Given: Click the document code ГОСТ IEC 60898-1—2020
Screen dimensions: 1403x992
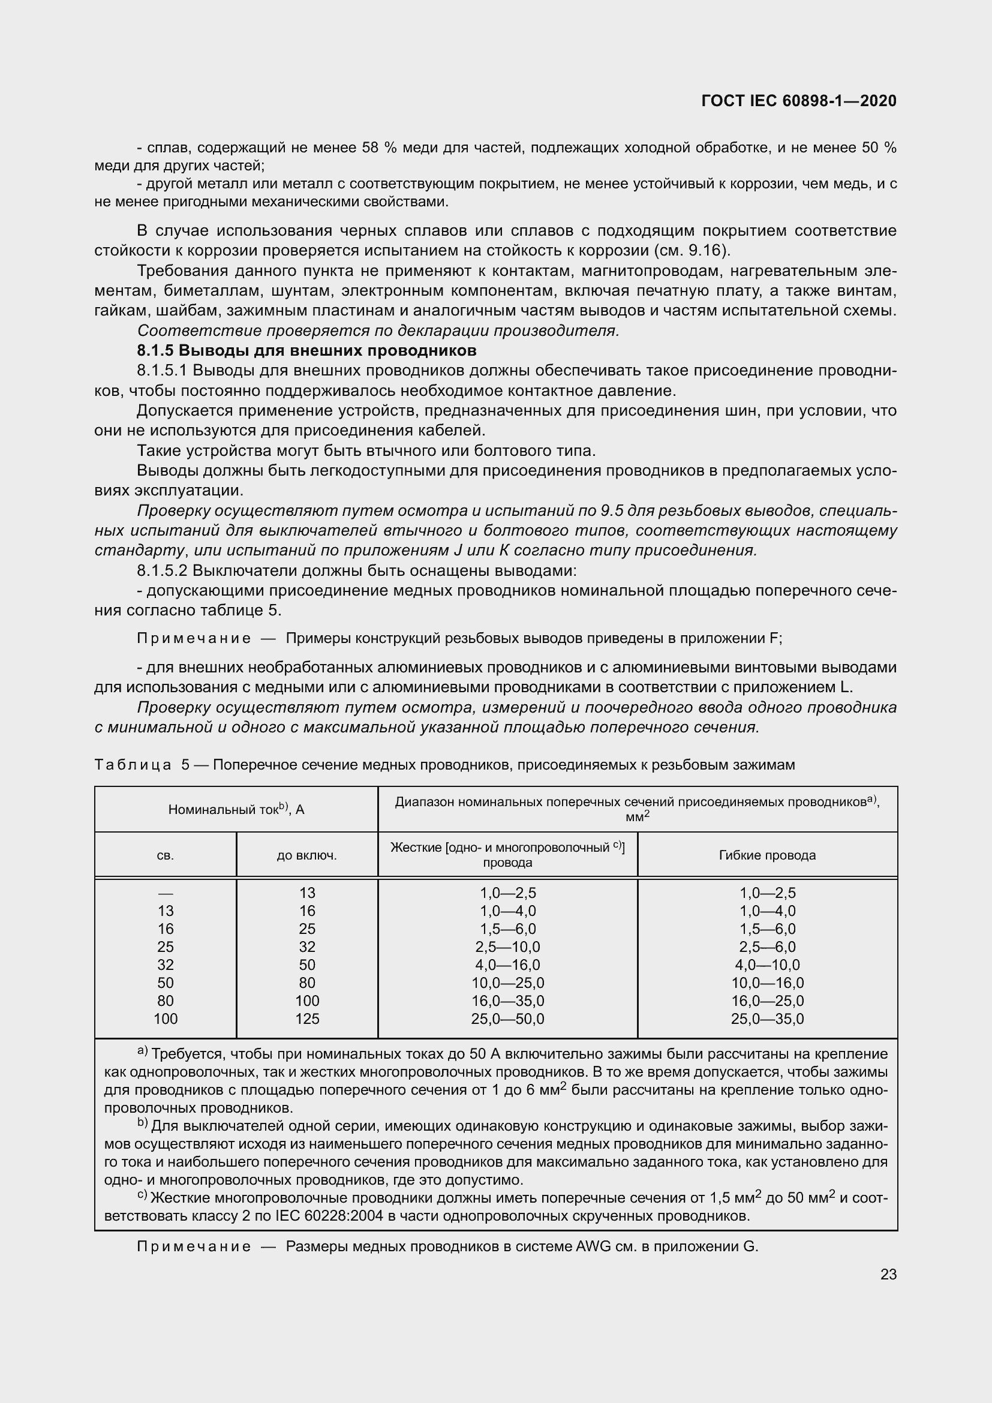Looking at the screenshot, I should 799,101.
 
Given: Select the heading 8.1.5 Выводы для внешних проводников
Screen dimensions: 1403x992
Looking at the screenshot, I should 306,351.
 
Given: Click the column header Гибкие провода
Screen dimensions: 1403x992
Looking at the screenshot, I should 767,855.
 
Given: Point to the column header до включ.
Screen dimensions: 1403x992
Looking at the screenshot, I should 306,855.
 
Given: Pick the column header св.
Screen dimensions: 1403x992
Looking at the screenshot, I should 166,855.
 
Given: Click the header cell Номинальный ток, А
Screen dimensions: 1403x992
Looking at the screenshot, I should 236,810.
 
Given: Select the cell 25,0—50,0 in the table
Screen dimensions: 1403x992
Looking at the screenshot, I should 507,1019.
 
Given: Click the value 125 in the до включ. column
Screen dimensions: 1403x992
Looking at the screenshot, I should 306,1019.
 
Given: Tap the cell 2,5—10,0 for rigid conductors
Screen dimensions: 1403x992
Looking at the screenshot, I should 507,947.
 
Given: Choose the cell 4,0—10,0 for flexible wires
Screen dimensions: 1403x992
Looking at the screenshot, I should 767,965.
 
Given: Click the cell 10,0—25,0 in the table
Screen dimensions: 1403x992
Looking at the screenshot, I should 507,983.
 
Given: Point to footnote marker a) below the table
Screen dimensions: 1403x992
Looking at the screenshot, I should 142,1051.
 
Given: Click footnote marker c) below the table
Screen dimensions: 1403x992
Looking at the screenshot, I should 142,1195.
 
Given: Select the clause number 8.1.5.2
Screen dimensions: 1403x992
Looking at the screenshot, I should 162,570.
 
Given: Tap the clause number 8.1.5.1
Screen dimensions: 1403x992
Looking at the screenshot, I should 162,371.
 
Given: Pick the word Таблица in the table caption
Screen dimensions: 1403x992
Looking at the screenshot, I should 133,765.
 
